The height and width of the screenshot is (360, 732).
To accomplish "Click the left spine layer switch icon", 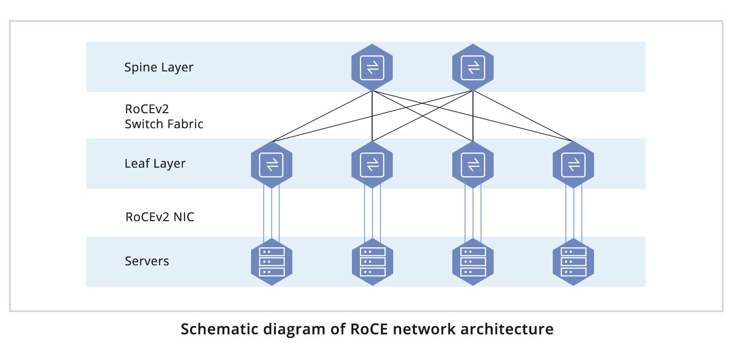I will point(372,68).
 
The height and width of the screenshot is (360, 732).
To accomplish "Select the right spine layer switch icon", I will point(473,68).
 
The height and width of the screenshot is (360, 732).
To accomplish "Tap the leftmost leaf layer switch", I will point(272,164).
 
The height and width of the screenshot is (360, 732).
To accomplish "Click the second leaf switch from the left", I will point(372,164).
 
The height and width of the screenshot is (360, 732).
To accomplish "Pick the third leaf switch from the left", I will point(473,164).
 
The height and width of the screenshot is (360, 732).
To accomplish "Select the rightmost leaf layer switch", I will point(573,164).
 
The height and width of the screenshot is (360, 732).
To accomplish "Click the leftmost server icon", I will point(272,261).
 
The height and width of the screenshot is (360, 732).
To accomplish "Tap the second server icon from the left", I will point(372,261).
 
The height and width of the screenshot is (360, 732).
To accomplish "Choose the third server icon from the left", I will point(473,261).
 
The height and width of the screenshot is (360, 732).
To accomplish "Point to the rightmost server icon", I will point(573,261).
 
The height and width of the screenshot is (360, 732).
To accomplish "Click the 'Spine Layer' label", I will point(159,68).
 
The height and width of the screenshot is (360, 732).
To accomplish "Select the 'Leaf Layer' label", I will point(155,164).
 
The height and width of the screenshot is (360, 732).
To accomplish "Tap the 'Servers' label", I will point(147,261).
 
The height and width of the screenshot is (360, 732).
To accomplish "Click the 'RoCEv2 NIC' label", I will point(160,217).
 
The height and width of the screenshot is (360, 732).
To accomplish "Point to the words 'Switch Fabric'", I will point(164,124).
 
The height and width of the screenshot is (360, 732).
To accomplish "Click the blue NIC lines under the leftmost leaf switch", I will point(272,213).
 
